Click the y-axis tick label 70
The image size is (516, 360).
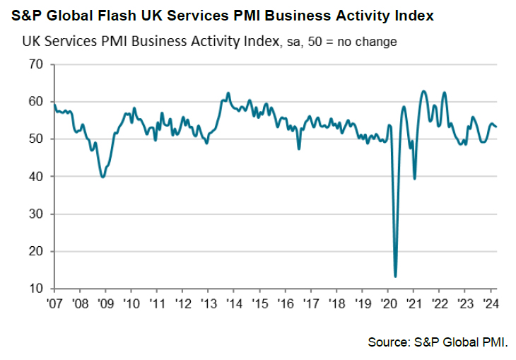[35, 64]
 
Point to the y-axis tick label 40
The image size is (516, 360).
[35, 176]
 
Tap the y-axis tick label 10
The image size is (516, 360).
[35, 289]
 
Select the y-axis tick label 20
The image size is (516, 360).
[35, 251]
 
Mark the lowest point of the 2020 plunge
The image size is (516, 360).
[395, 276]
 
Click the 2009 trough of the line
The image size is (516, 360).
[103, 177]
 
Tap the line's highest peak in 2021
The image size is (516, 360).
[423, 91]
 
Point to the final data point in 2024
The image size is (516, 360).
[496, 127]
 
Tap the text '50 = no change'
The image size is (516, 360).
[356, 42]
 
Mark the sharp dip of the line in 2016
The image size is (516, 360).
[299, 149]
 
